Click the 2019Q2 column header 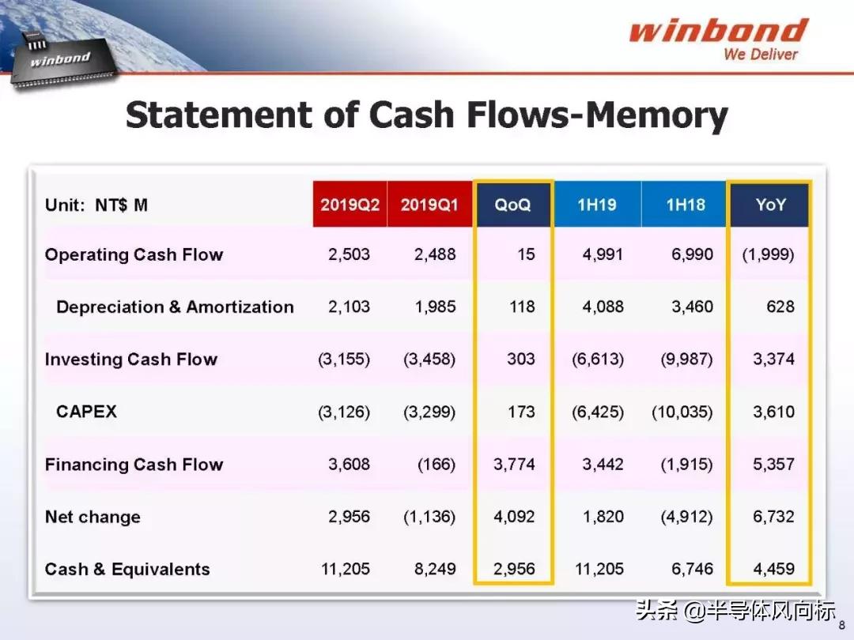[x=350, y=204]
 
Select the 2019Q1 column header [x=429, y=204]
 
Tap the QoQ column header [x=512, y=205]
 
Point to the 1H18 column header [x=685, y=204]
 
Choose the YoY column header [x=770, y=205]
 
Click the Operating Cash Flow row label [x=134, y=254]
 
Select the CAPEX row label [x=87, y=412]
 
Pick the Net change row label [x=93, y=517]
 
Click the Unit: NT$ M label [x=96, y=205]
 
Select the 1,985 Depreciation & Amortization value [x=435, y=307]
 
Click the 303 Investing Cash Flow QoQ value [x=520, y=360]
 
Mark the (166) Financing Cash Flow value [x=436, y=465]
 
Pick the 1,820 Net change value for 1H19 [x=603, y=517]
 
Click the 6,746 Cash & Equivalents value [x=692, y=569]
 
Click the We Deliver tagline [x=761, y=54]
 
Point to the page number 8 [x=842, y=625]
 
